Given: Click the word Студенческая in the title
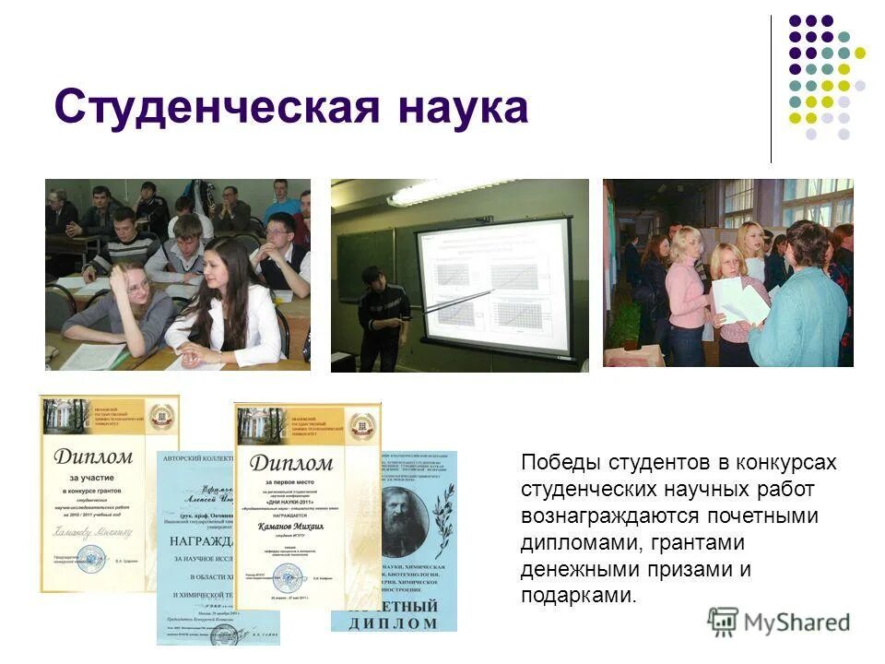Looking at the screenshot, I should tap(218, 108).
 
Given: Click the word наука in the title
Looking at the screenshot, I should tap(462, 108).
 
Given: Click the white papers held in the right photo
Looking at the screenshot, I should tap(738, 301).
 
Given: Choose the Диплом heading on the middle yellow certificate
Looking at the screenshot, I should tap(291, 462).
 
